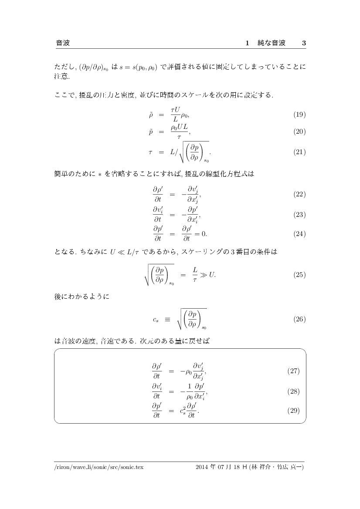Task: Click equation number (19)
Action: coord(299,115)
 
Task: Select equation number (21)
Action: coord(299,152)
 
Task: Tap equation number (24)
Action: coord(299,234)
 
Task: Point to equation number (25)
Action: coord(299,275)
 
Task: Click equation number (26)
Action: coord(299,319)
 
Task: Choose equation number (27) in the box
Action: coord(293,371)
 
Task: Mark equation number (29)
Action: coord(293,411)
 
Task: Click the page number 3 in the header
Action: coord(304,43)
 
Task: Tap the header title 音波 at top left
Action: coord(63,43)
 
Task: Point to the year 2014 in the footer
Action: coord(203,467)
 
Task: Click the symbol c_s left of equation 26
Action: coord(156,320)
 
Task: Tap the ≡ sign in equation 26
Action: coord(167,319)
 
